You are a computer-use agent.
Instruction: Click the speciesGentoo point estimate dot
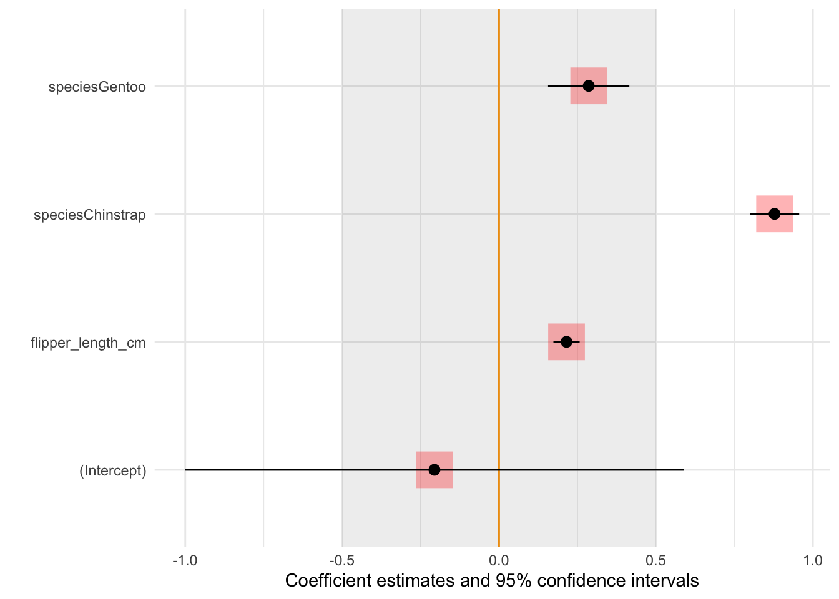(589, 85)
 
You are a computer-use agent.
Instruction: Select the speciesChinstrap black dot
(774, 214)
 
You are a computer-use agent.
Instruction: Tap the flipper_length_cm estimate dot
(566, 342)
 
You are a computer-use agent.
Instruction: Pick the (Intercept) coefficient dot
(434, 470)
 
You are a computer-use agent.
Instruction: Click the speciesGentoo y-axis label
(97, 87)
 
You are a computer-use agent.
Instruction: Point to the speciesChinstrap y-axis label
(90, 215)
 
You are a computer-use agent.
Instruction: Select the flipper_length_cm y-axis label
(88, 343)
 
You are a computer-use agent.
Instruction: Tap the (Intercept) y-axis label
(112, 471)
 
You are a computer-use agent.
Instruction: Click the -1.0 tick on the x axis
(185, 561)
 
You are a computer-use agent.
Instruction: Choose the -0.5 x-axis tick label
(341, 561)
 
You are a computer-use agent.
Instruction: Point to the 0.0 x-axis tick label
(499, 561)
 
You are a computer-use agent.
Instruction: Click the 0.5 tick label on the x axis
(655, 561)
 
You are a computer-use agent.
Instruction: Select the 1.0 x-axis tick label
(813, 561)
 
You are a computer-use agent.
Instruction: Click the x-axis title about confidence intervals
(492, 581)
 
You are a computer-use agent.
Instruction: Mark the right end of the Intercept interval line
(683, 470)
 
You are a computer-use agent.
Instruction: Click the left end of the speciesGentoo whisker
(549, 85)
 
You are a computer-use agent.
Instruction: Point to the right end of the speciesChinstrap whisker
(798, 214)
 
